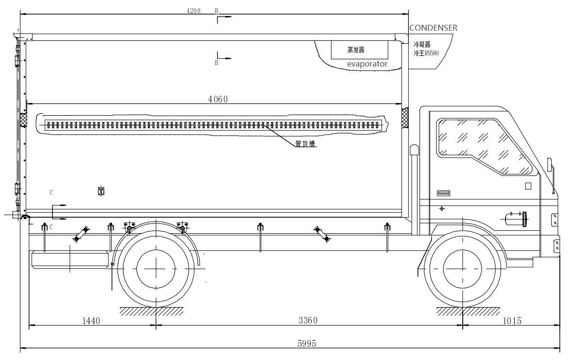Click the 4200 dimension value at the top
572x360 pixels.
click(193, 11)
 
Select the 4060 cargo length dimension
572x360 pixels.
click(218, 100)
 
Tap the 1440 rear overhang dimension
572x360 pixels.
click(91, 321)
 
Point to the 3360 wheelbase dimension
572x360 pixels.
click(308, 321)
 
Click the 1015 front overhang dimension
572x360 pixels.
click(512, 321)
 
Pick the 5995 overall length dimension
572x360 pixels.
click(306, 343)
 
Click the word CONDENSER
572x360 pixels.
click(433, 28)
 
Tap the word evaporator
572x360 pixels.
click(367, 64)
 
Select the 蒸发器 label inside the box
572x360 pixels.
click(355, 50)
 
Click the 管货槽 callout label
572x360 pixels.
click(305, 144)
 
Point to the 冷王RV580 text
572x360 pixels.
click(426, 53)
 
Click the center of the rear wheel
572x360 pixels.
click(156, 268)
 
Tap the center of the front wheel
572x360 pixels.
click(463, 269)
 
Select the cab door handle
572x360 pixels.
click(443, 193)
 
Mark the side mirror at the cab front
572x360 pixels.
click(550, 165)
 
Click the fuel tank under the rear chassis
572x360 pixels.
click(70, 259)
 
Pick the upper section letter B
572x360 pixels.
click(217, 11)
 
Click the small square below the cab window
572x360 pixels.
click(528, 186)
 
